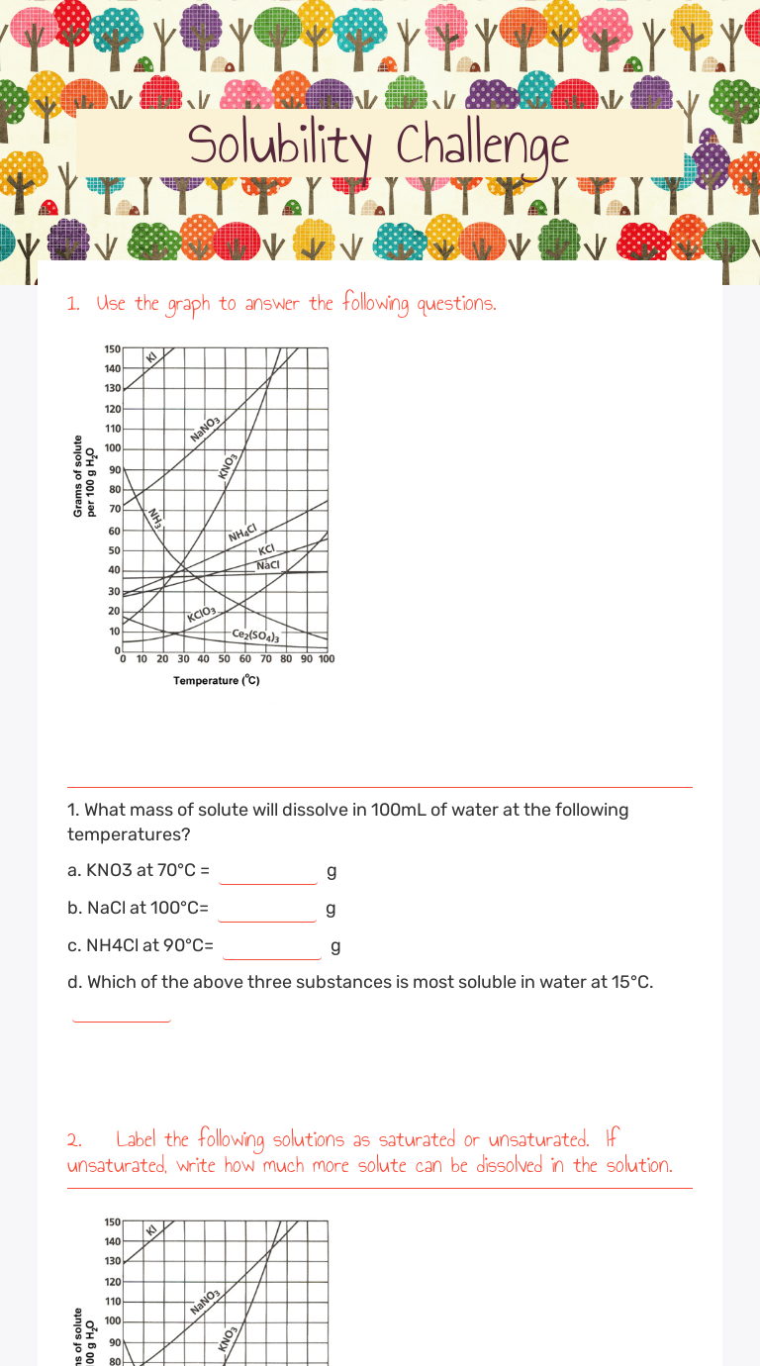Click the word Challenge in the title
point(483,146)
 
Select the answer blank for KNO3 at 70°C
point(268,871)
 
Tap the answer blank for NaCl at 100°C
point(267,908)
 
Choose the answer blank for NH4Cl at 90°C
point(271,945)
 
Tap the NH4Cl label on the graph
point(242,534)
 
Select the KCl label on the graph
point(265,550)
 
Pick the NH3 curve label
point(154,517)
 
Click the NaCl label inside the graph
point(268,564)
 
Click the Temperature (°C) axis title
point(217,681)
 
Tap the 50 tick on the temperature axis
point(224,659)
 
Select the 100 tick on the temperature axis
point(326,659)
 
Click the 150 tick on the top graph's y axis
point(112,348)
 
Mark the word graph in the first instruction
point(188,304)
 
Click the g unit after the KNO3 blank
point(332,871)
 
